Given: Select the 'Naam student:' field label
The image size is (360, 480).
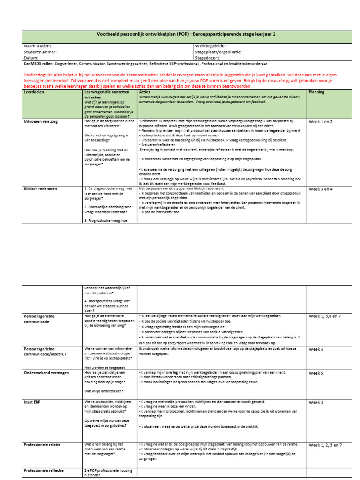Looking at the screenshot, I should tap(38, 46).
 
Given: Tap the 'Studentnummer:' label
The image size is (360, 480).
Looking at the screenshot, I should tap(40, 52).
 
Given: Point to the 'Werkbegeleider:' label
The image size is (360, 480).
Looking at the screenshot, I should tap(212, 46).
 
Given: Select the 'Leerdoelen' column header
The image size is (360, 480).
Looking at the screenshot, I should tap(36, 92).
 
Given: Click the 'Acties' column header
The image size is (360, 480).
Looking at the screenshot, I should tap(145, 92).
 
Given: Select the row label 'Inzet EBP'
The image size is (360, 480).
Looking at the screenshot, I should tap(35, 402).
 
